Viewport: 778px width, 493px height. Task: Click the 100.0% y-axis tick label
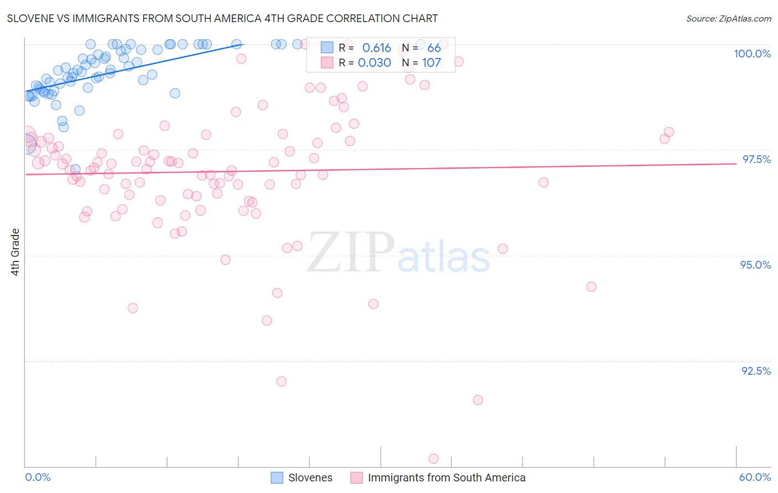point(752,54)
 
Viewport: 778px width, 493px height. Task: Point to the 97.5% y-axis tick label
point(756,159)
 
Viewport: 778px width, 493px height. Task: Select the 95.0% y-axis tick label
point(755,265)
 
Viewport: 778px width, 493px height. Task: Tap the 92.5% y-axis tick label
point(756,371)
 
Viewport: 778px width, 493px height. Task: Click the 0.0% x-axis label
point(38,477)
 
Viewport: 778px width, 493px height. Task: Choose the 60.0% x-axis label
point(755,477)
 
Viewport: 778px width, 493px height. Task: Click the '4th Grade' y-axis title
point(15,252)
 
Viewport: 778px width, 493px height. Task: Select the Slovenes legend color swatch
point(277,478)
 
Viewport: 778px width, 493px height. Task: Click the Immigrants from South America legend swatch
point(356,478)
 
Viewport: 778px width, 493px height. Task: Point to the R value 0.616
point(376,48)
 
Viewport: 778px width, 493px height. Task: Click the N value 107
point(432,63)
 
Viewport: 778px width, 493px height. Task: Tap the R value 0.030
point(375,63)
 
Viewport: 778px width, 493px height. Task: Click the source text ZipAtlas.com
point(728,19)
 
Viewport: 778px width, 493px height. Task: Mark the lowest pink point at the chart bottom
point(434,459)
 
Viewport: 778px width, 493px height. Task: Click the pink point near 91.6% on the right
point(478,400)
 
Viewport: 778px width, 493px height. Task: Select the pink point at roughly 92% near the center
point(281,381)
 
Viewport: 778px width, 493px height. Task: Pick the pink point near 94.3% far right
point(592,287)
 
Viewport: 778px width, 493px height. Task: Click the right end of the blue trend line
point(243,44)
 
